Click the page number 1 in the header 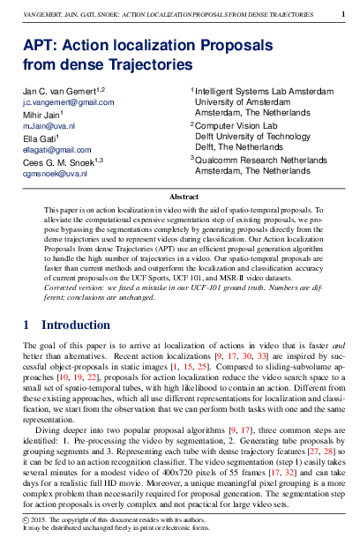pos(343,14)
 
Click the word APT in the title pos(39,46)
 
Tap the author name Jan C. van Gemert pos(58,91)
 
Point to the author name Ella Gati pos(41,138)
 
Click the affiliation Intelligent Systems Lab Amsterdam pos(255,91)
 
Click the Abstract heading pos(184,198)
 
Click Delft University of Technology pos(252,137)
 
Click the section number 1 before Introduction pos(27,325)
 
